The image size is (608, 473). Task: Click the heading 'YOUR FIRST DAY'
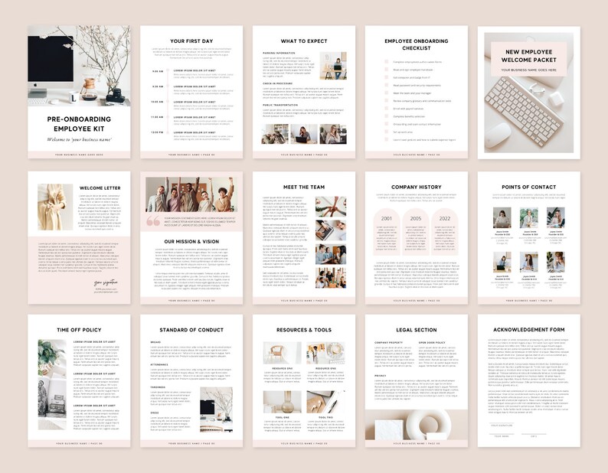[x=191, y=40]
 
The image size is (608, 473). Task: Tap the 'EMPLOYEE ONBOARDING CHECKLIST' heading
[x=416, y=44]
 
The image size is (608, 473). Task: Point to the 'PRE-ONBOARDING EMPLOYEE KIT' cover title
[x=79, y=124]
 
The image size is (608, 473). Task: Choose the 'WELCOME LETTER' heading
[x=100, y=187]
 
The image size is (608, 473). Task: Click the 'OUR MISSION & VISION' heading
[x=191, y=241]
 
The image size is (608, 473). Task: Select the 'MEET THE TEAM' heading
[x=303, y=187]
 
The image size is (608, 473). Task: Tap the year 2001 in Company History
[x=386, y=218]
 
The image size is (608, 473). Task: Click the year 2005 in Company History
[x=415, y=218]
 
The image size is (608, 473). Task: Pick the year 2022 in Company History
[x=445, y=218]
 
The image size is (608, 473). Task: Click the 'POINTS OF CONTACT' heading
[x=528, y=187]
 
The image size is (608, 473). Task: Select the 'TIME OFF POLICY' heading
[x=79, y=330]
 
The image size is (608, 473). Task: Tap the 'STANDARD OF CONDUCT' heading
[x=191, y=330]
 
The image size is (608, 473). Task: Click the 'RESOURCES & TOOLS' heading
[x=303, y=330]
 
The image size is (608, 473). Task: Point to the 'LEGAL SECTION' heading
[x=416, y=330]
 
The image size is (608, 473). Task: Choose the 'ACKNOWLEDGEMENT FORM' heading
[x=528, y=330]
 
